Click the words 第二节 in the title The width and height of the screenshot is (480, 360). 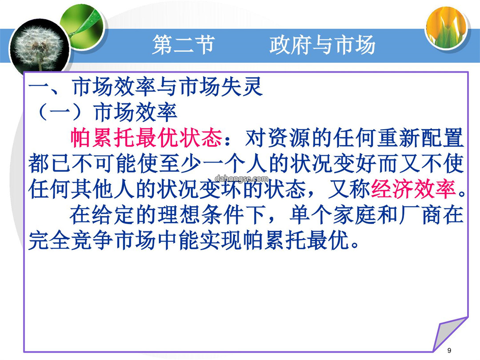(x=184, y=45)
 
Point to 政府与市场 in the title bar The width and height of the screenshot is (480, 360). (x=322, y=45)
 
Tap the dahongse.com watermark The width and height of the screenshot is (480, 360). (x=241, y=179)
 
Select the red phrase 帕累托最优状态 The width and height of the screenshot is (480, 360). (x=146, y=138)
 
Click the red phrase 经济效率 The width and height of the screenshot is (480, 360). (x=414, y=189)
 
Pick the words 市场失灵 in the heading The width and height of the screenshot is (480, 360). (x=221, y=87)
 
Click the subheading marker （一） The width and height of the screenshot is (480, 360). (x=60, y=112)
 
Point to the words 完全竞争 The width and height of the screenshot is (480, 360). (x=70, y=240)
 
